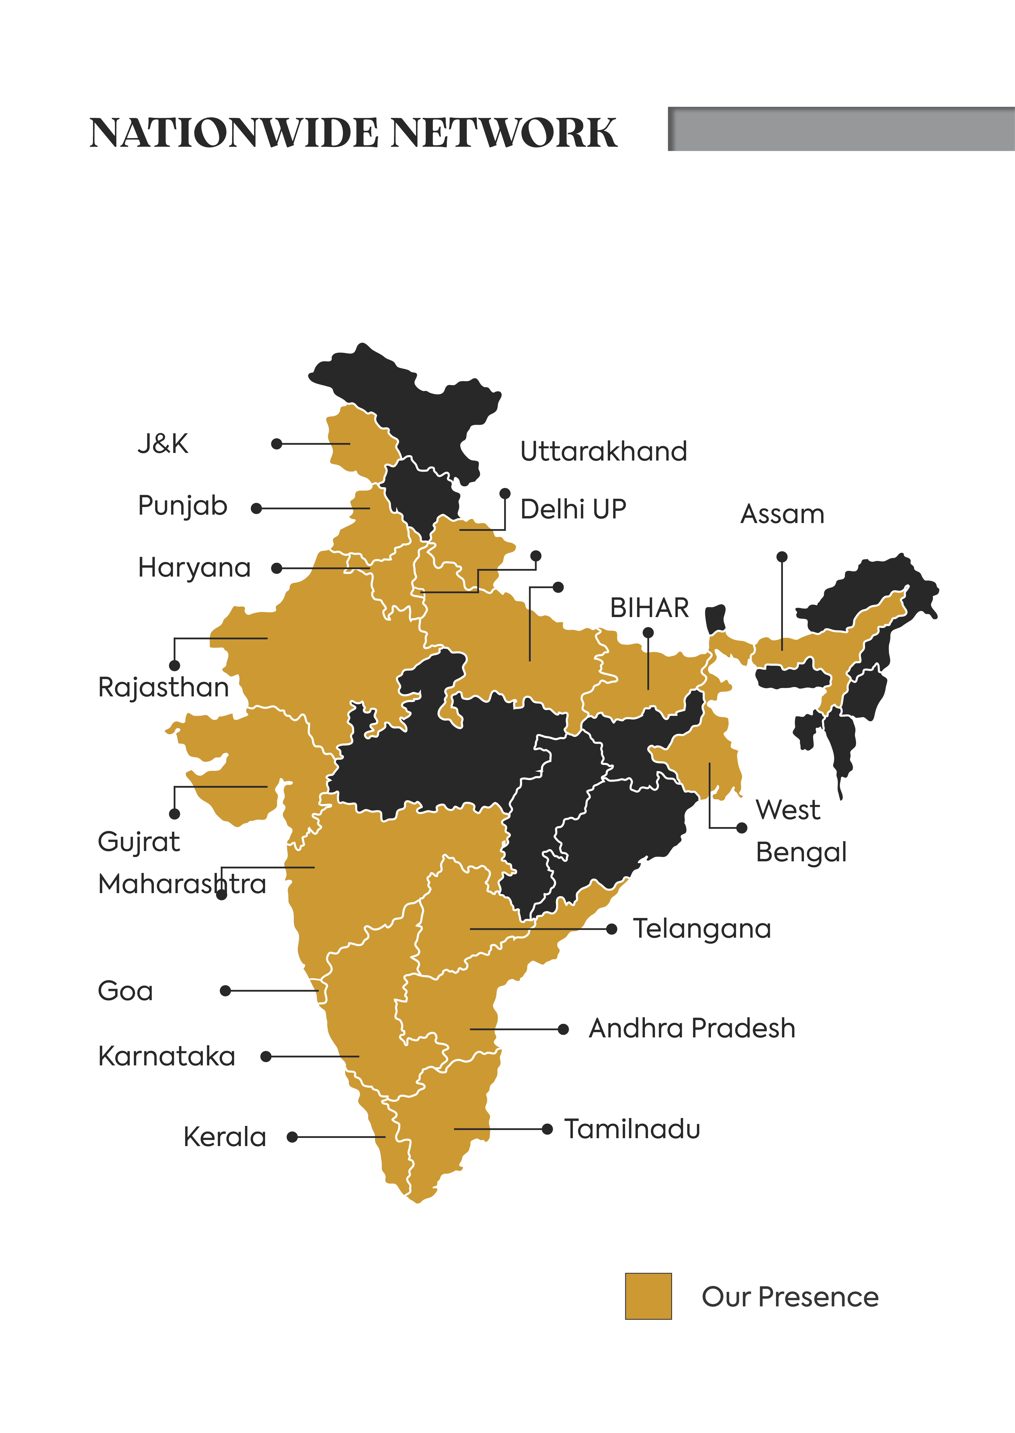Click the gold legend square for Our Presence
pos(648,1296)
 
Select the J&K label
pos(163,444)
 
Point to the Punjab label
pos(183,506)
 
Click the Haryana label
pos(194,567)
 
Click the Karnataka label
pos(167,1056)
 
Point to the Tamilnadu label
pos(632,1129)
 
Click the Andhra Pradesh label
pos(692,1028)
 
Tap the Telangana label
pos(702,929)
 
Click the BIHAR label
pos(649,608)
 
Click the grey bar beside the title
pos(841,129)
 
